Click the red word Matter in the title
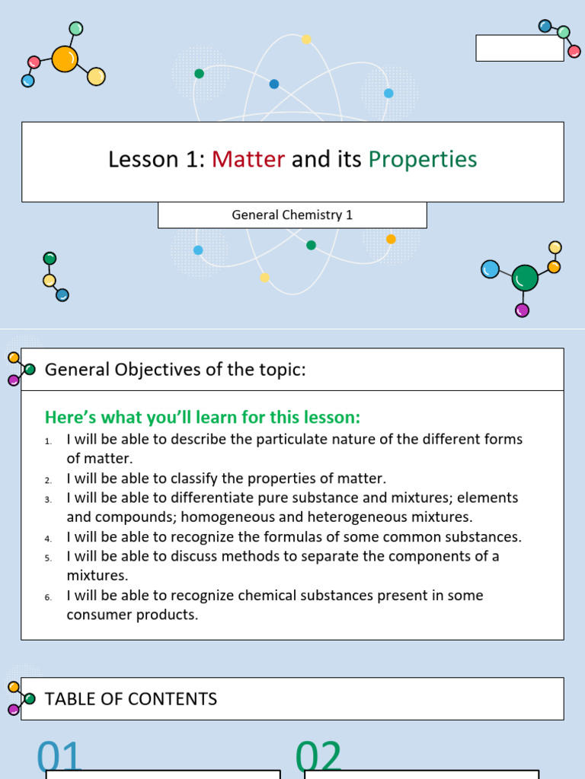248,159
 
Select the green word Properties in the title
423,159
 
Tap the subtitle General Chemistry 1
292,215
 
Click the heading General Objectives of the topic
175,370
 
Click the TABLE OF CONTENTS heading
131,699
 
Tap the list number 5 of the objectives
47,558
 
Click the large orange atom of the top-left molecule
65,59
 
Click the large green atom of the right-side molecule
525,278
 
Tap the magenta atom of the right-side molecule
522,310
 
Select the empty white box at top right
519,48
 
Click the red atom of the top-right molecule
574,52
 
